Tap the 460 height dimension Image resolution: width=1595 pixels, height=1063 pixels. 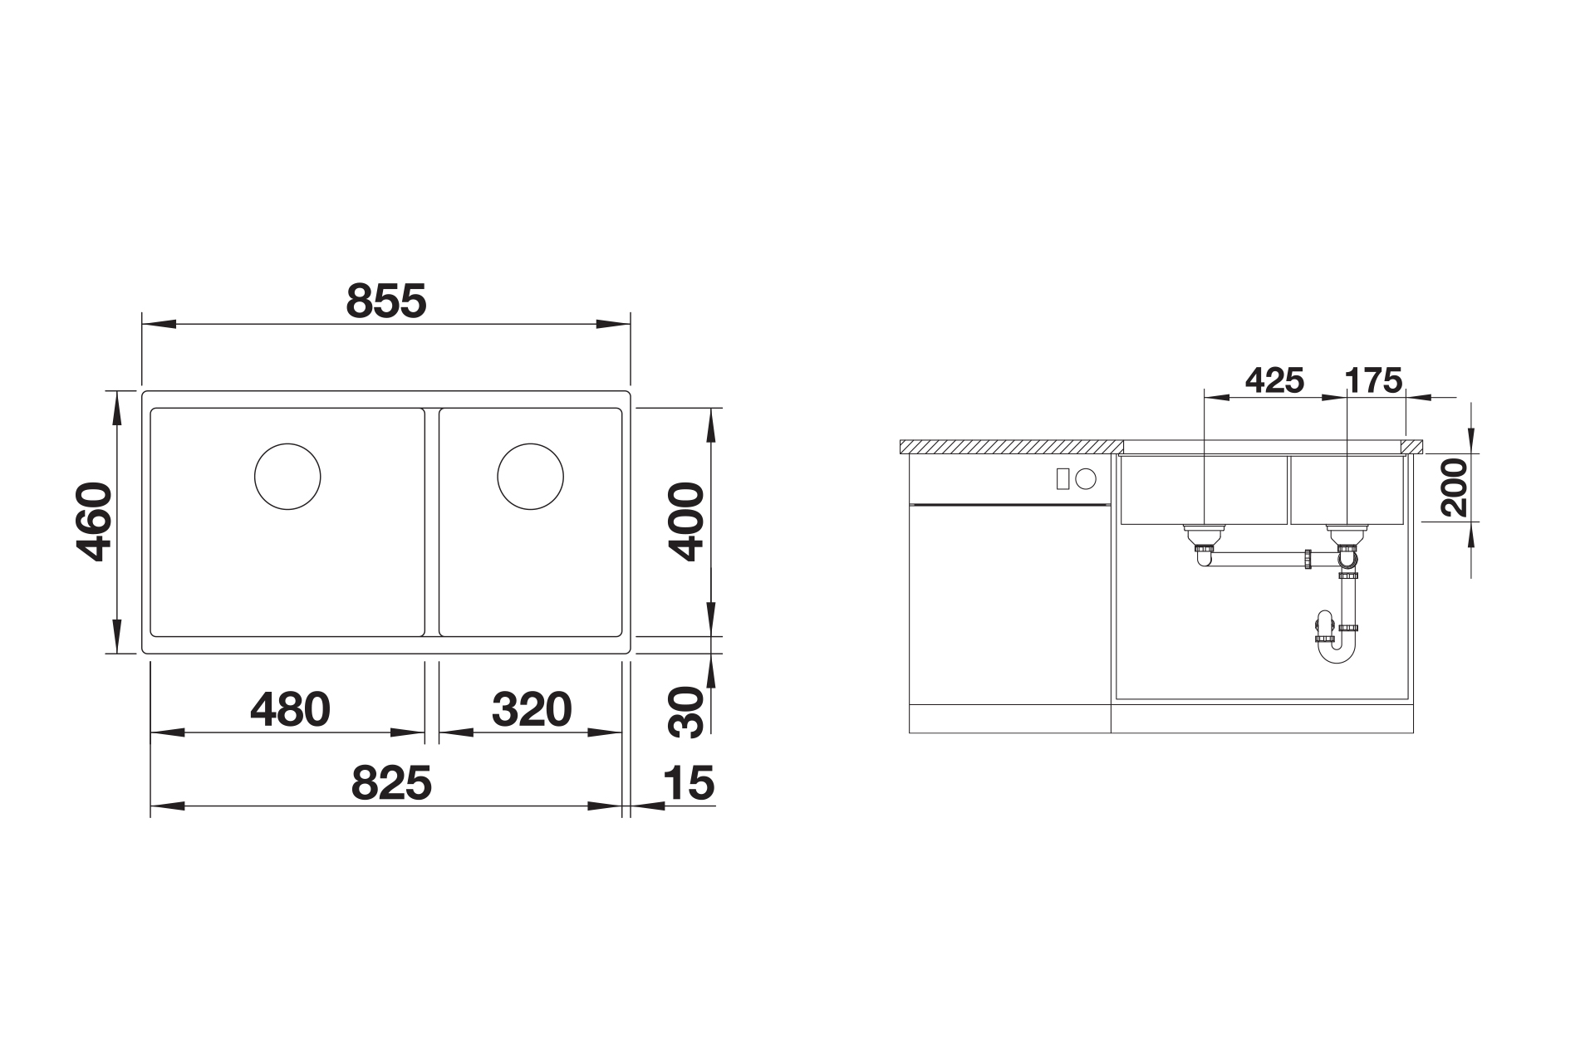tap(92, 522)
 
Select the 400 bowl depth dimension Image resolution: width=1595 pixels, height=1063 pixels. tap(686, 522)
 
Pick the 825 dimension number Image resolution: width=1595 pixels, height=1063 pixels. tap(391, 782)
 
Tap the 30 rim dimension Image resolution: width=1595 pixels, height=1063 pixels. tap(686, 713)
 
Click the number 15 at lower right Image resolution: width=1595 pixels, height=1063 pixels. tap(689, 783)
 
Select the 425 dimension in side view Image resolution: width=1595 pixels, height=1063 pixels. tap(1274, 380)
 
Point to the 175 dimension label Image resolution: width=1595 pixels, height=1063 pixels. tap(1374, 380)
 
